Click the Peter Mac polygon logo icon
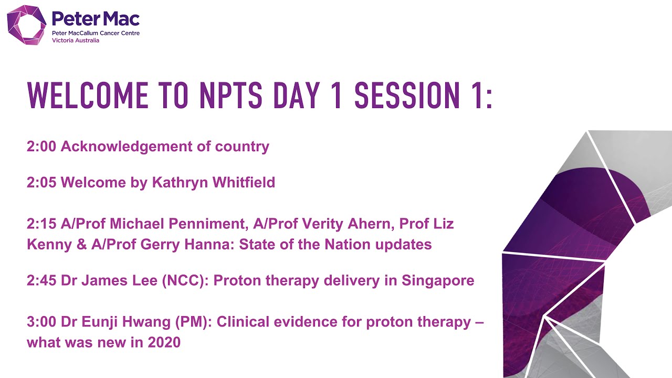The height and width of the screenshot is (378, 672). [x=26, y=25]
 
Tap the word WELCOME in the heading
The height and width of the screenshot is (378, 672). [x=87, y=96]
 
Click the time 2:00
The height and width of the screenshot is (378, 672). [x=41, y=146]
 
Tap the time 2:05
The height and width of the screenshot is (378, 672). [x=41, y=183]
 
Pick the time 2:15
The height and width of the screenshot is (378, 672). [x=41, y=224]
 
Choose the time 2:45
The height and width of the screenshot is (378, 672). [x=41, y=281]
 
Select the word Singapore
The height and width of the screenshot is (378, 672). [x=438, y=281]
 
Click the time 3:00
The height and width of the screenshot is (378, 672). [x=41, y=322]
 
